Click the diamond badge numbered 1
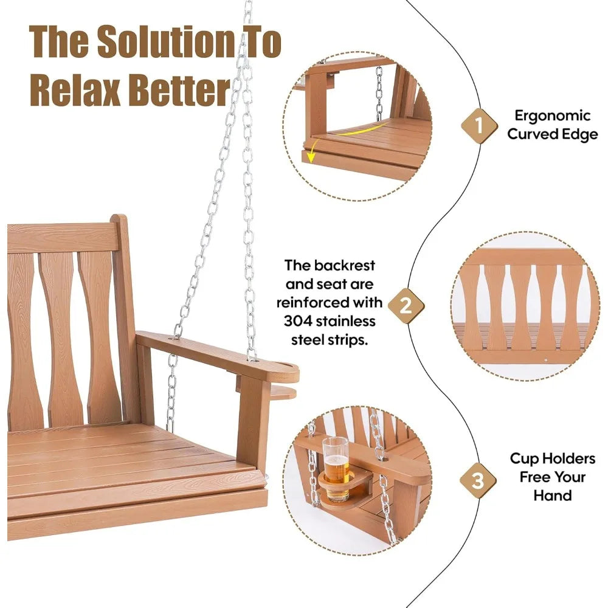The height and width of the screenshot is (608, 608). [478, 126]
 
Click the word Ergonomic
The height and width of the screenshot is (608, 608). [552, 116]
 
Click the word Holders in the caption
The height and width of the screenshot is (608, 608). [570, 460]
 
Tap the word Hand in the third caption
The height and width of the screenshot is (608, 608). [553, 496]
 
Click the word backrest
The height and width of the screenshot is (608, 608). [347, 266]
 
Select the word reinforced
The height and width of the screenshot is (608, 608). [315, 302]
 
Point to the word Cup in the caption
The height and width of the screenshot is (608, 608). [524, 460]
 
